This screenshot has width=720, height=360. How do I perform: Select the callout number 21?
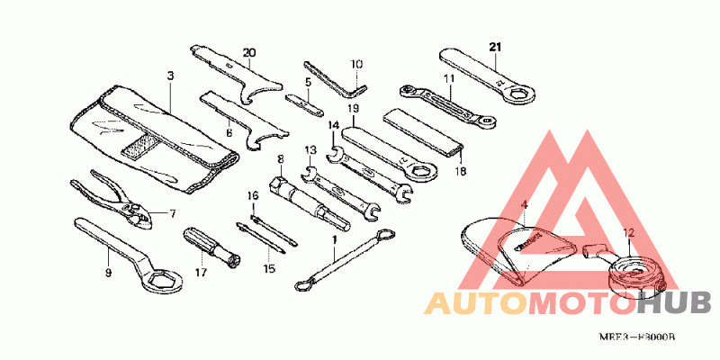pos(495,46)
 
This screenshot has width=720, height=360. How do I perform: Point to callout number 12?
pos(627,232)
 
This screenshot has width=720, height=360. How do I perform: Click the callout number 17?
pos(201,271)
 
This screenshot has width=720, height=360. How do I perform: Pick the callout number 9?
pos(108,271)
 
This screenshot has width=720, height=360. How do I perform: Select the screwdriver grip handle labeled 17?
pos(199,241)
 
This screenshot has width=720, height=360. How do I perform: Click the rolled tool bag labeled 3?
pos(153,135)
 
